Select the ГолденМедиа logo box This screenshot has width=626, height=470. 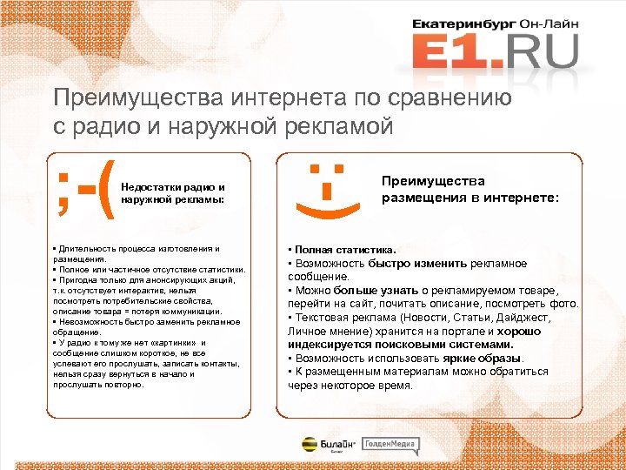click(x=390, y=445)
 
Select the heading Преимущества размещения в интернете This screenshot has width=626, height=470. click(x=470, y=189)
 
